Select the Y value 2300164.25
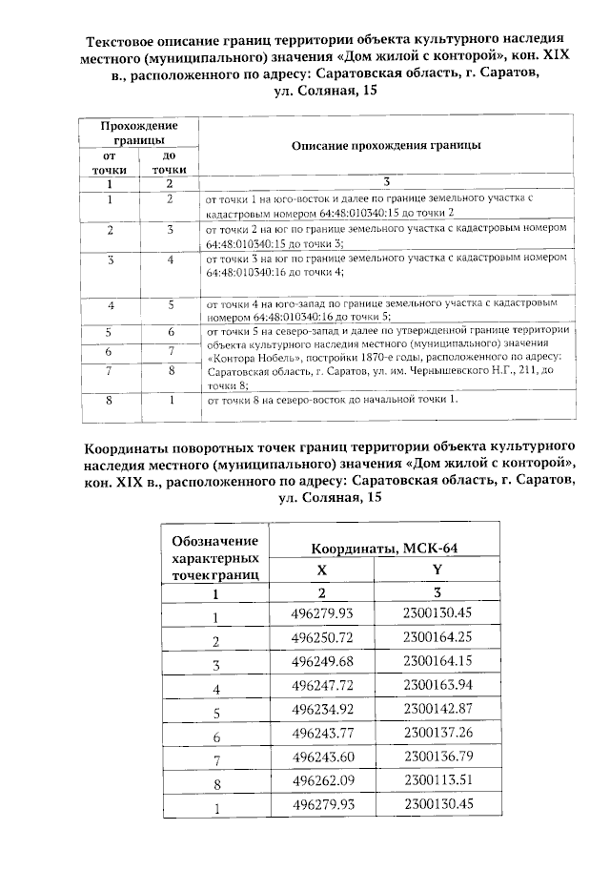pos(437,639)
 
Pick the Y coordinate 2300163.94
pos(437,687)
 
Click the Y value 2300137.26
pos(437,736)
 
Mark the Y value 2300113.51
pos(437,783)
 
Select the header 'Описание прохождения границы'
pos(385,145)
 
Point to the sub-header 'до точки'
pos(169,162)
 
